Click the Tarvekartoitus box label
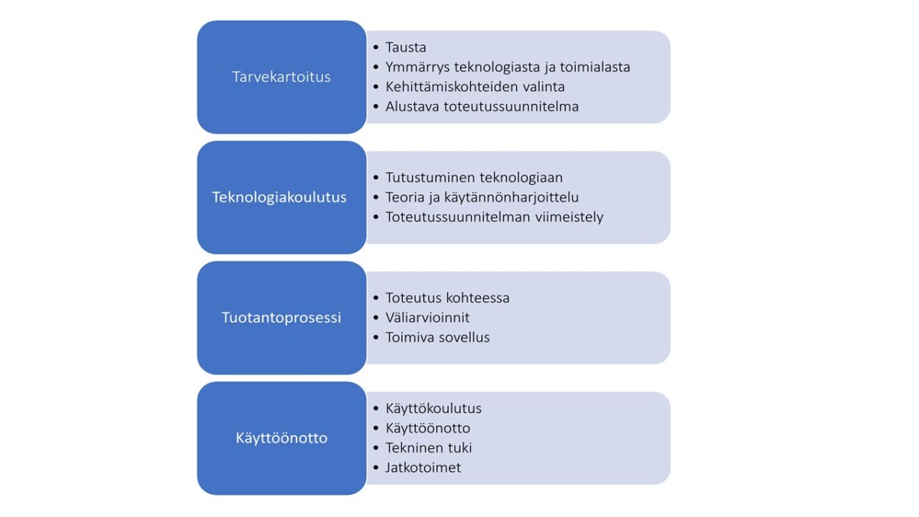click(282, 77)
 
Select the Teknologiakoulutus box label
click(280, 198)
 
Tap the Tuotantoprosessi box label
click(282, 318)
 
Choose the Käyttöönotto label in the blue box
click(282, 438)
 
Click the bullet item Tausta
click(406, 47)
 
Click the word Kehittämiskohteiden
click(446, 87)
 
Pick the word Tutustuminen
click(430, 177)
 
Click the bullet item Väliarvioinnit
click(427, 318)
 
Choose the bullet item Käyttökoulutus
click(433, 409)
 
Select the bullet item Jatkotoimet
click(423, 468)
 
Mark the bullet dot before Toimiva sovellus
click(376, 338)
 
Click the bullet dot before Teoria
click(376, 198)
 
